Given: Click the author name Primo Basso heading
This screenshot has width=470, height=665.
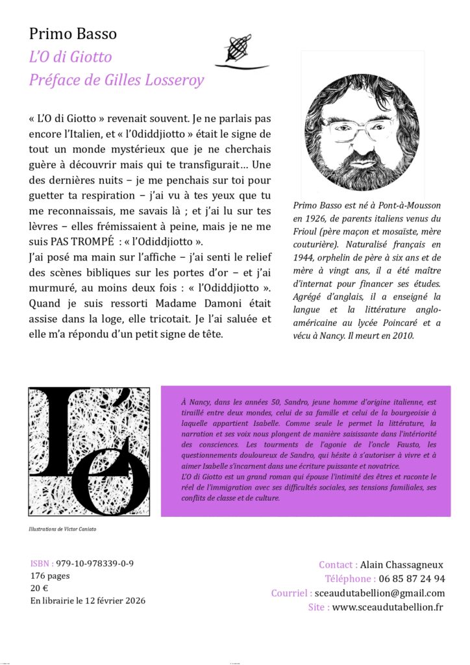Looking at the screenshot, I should [73, 34].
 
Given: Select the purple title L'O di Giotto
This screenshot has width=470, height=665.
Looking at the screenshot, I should [71, 57].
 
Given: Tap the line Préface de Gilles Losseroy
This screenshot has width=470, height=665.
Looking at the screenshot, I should [117, 81].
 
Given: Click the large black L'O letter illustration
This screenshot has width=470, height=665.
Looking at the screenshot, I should [89, 451].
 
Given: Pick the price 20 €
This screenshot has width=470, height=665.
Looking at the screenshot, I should [40, 588].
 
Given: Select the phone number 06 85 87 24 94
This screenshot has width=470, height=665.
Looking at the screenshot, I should [412, 579].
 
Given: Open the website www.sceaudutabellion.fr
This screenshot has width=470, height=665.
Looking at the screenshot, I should [388, 607].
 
